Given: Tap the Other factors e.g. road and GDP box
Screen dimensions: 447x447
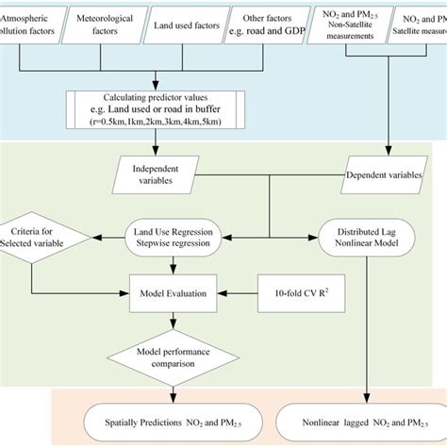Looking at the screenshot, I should [x=267, y=23].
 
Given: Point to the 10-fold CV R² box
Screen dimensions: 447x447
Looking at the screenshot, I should [x=296, y=286].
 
